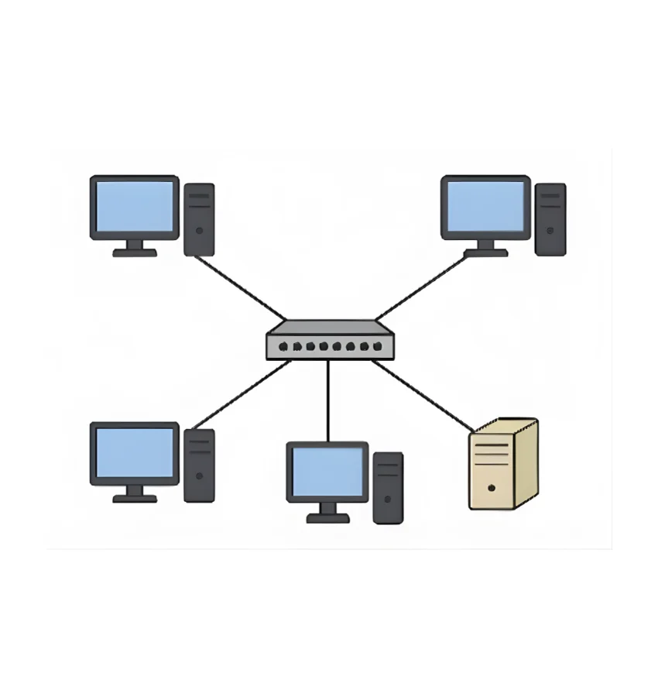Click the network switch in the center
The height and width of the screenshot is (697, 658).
[x=329, y=342]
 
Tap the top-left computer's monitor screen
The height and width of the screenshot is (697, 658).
[x=135, y=206]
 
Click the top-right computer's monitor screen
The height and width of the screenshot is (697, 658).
[x=485, y=206]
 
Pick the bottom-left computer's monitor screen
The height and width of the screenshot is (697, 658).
[x=135, y=453]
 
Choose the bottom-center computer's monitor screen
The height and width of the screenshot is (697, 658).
[x=327, y=472]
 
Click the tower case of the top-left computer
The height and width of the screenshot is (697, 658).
[x=199, y=219]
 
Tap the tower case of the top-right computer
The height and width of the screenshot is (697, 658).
[x=550, y=219]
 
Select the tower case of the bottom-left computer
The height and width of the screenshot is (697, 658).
[x=199, y=465]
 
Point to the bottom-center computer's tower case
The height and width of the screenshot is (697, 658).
[x=388, y=488]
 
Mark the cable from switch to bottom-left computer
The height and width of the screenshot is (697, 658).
[x=240, y=395]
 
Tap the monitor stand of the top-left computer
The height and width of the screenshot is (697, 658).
[x=135, y=249]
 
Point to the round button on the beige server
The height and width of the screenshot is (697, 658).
[x=492, y=489]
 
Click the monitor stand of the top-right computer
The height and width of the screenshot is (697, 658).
[x=485, y=249]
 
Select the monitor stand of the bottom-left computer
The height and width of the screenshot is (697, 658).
[x=135, y=495]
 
